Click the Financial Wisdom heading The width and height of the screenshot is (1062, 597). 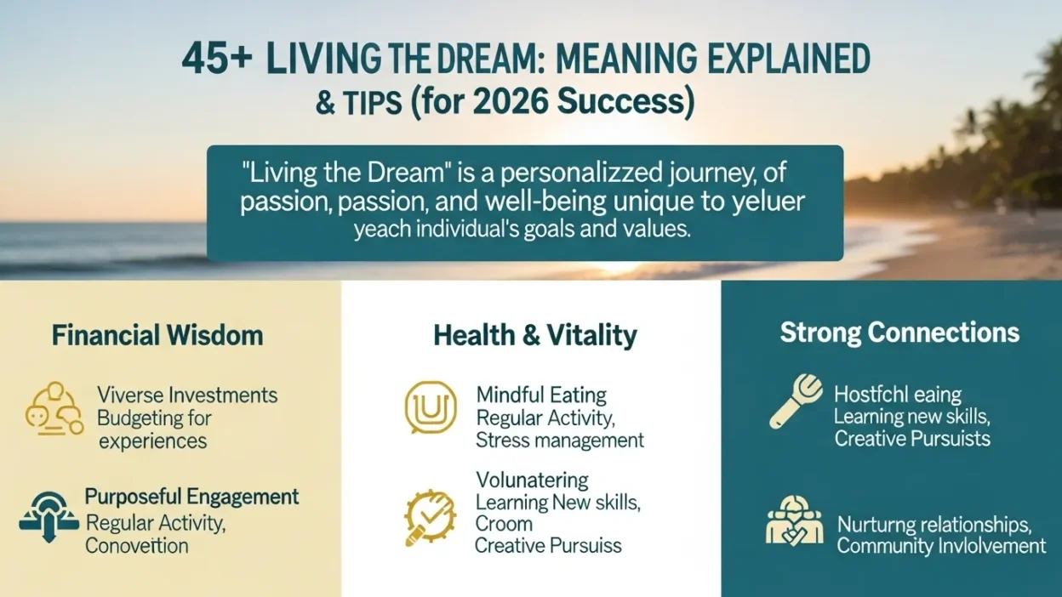pyautogui.click(x=157, y=335)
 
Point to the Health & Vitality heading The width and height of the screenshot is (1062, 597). pyautogui.click(x=534, y=335)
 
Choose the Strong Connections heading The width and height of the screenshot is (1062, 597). pyautogui.click(x=899, y=333)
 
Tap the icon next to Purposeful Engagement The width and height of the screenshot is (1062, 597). pyautogui.click(x=49, y=515)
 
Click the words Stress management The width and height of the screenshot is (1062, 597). pyautogui.click(x=560, y=441)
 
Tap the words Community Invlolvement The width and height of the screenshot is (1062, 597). pyautogui.click(x=941, y=546)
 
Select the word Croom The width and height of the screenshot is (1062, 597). pyautogui.click(x=504, y=524)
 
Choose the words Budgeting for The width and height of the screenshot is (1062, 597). pyautogui.click(x=154, y=418)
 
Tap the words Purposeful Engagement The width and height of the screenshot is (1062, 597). pyautogui.click(x=191, y=497)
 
